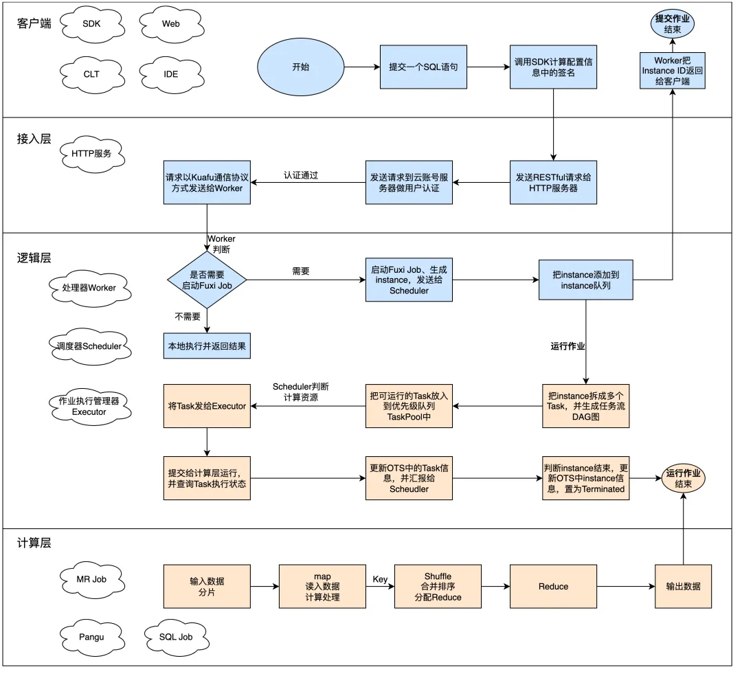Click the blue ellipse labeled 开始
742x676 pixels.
[x=300, y=67]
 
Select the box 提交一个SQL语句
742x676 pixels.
[x=423, y=67]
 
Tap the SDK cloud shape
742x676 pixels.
[x=92, y=23]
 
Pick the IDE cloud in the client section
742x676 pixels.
[x=171, y=74]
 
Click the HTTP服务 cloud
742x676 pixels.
[x=92, y=154]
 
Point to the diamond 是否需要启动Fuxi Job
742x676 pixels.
[x=207, y=280]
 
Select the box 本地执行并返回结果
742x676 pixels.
[x=207, y=346]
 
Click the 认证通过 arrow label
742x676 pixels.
[x=301, y=175]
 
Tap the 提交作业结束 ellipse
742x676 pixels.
[x=673, y=24]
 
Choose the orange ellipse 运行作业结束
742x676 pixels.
[x=683, y=478]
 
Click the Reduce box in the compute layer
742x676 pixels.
[x=553, y=587]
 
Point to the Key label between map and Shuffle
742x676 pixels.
[x=380, y=580]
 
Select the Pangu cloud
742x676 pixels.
[x=92, y=638]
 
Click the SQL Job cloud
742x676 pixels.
[x=176, y=638]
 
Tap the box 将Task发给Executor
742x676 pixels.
[x=207, y=407]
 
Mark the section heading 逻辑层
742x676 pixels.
[x=34, y=258]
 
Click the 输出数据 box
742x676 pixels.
[x=683, y=587]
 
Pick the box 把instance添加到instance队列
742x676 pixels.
[x=586, y=280]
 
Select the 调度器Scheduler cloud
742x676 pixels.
[x=90, y=346]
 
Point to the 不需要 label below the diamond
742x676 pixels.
[x=188, y=317]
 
